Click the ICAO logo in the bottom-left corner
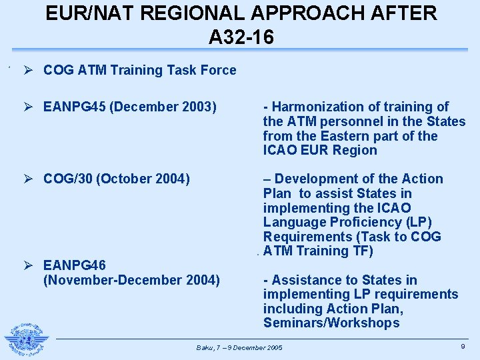[27, 339]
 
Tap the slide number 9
[463, 345]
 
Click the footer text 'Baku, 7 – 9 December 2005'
[239, 348]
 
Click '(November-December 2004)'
[131, 280]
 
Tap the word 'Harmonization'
[315, 107]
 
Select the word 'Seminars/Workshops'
[331, 323]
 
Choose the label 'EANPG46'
[75, 265]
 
